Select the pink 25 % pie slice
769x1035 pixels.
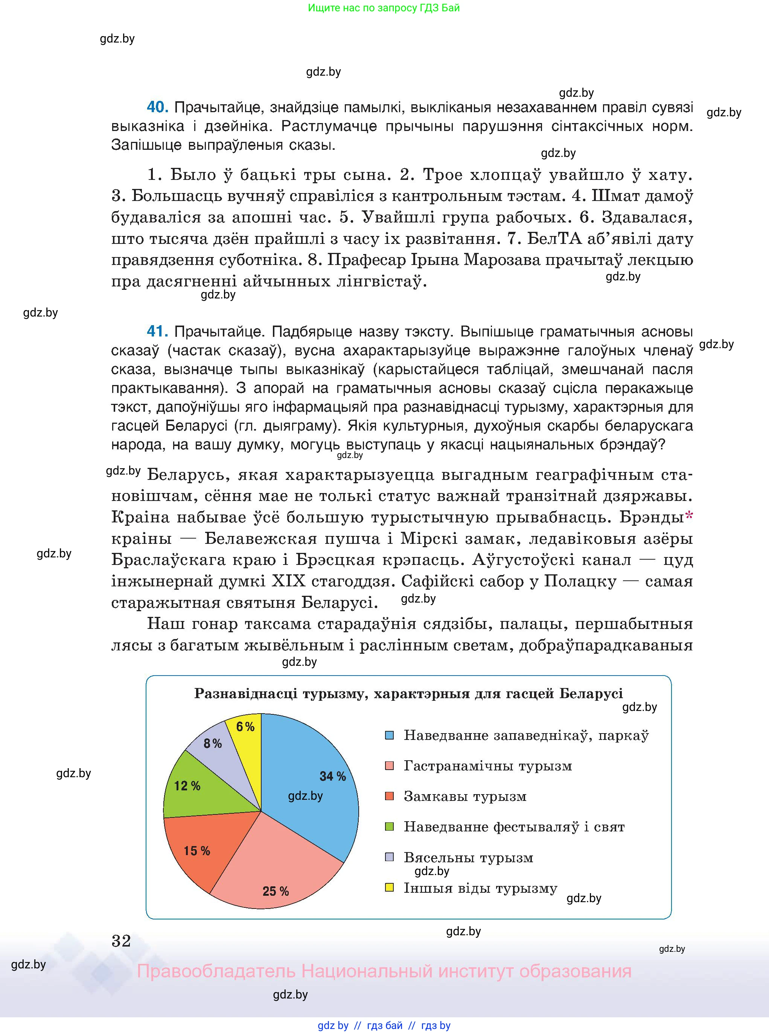pyautogui.click(x=275, y=870)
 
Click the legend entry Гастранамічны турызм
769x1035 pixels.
pyautogui.click(x=487, y=766)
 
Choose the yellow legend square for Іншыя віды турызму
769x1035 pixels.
pyautogui.click(x=390, y=887)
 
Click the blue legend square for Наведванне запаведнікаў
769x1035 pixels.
pyautogui.click(x=390, y=735)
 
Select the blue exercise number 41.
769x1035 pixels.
pyautogui.click(x=157, y=331)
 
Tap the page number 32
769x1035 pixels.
pyautogui.click(x=122, y=941)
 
